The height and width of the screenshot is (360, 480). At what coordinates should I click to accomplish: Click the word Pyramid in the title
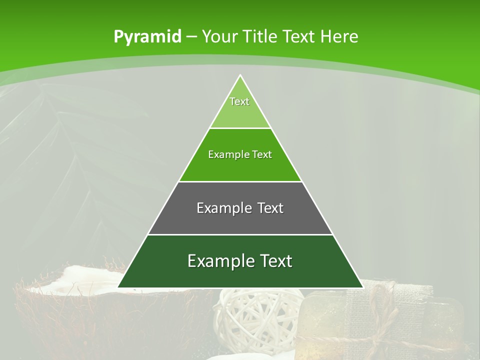coord(147,37)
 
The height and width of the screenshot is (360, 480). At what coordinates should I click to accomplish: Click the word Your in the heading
coord(219,36)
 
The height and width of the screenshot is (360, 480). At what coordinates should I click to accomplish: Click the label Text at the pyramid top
coord(239,101)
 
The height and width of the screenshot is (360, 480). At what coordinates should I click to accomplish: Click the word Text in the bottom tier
coord(274,261)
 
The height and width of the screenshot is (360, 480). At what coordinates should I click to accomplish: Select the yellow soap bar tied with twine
coord(325,320)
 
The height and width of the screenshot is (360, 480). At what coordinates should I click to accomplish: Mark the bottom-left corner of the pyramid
coord(118,287)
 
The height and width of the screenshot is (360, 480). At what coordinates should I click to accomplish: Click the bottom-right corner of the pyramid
coord(362,287)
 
